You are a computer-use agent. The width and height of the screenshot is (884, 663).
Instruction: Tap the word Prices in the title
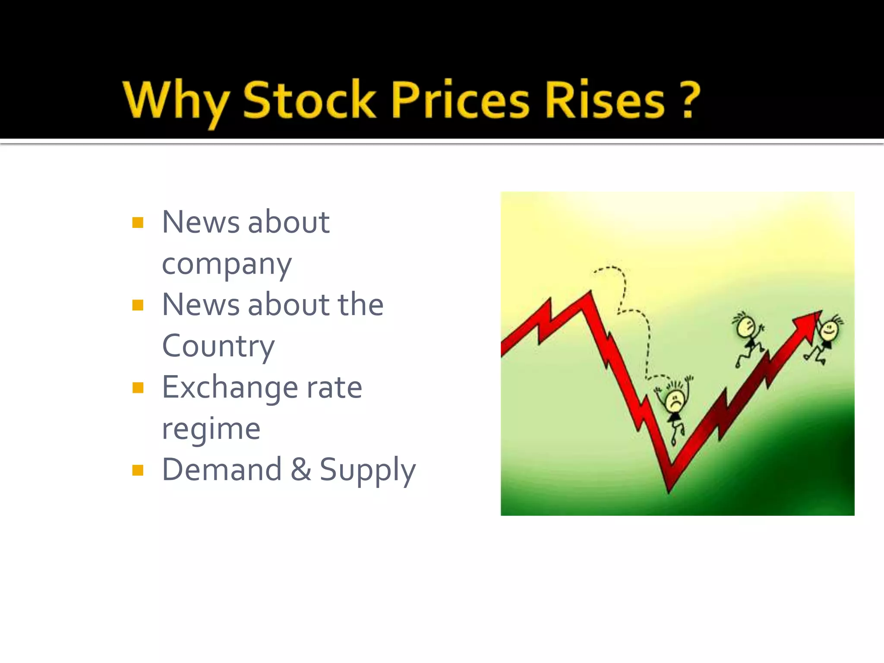[x=460, y=100]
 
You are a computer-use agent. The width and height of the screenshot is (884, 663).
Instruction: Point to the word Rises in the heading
[x=605, y=100]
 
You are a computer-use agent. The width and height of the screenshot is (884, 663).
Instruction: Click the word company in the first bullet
[x=227, y=264]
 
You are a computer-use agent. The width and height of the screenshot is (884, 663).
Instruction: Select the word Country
[x=218, y=346]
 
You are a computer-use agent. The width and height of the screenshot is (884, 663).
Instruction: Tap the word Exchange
[x=230, y=387]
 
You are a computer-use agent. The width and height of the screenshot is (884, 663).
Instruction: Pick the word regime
[x=211, y=429]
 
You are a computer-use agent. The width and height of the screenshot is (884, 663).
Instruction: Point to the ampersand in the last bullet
[x=301, y=470]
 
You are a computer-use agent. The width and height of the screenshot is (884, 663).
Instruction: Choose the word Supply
[x=367, y=470]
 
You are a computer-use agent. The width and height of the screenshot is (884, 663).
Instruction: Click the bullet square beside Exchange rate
[x=138, y=388]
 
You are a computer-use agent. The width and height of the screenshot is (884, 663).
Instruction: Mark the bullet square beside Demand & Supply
[x=138, y=470]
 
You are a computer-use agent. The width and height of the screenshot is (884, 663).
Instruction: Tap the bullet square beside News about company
[x=138, y=223]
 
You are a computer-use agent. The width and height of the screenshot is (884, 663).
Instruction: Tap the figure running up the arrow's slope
[x=748, y=337]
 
